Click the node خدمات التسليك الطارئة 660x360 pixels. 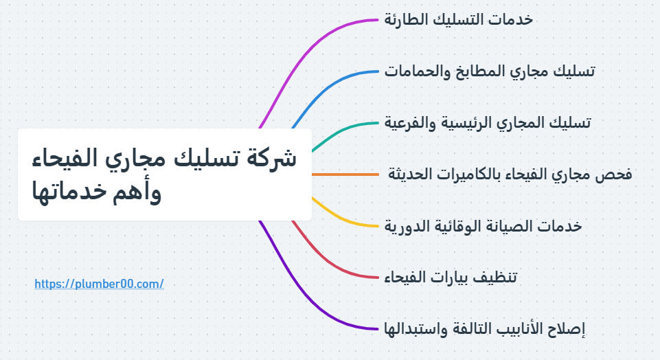(458, 19)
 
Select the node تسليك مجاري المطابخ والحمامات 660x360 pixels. (490, 71)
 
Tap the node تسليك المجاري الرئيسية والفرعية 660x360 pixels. (488, 122)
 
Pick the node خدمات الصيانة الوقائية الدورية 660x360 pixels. (483, 225)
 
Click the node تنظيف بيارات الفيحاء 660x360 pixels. (451, 277)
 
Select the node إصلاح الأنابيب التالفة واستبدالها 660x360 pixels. (485, 328)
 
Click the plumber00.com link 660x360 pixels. (99, 283)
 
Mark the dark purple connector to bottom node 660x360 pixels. (302, 295)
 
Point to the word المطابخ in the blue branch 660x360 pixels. (480, 71)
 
